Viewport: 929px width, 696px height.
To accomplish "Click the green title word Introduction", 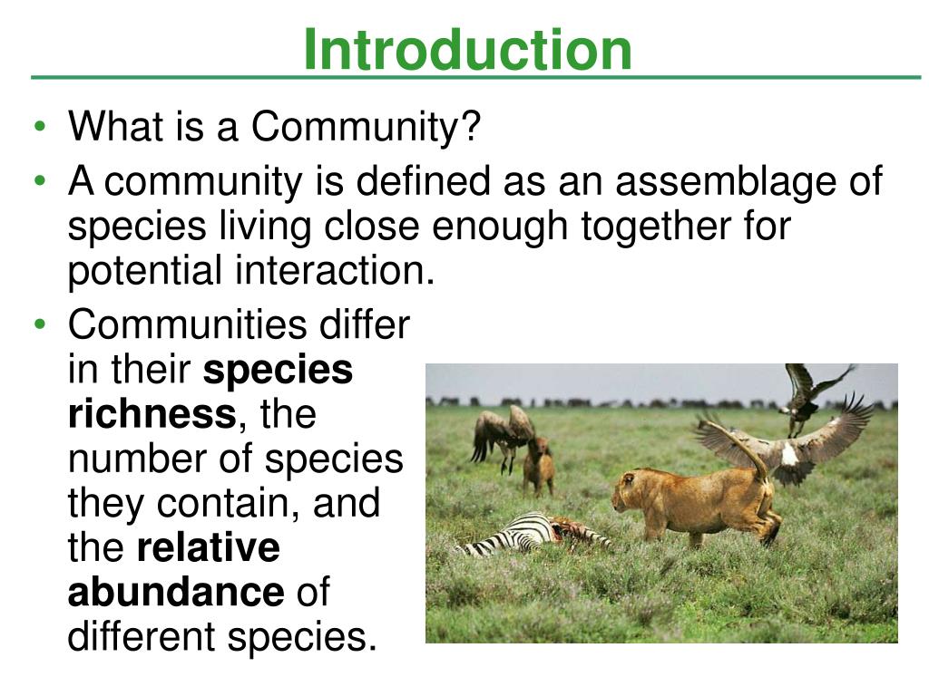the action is pos(467,50).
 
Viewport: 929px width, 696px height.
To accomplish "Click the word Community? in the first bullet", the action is pos(366,127).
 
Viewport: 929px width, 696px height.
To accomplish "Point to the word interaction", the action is pos(335,270).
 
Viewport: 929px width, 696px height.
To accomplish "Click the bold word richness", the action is pos(152,413).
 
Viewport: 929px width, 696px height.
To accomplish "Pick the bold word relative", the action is pos(209,546).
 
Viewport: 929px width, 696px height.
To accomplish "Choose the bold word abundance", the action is pos(176,591).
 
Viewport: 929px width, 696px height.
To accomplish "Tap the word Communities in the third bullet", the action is pos(188,324).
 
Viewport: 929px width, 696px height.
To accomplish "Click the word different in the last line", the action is pos(142,636).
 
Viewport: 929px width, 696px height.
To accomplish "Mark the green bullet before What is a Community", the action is pos(40,126).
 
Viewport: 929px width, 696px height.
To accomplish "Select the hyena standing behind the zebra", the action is pos(539,466).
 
